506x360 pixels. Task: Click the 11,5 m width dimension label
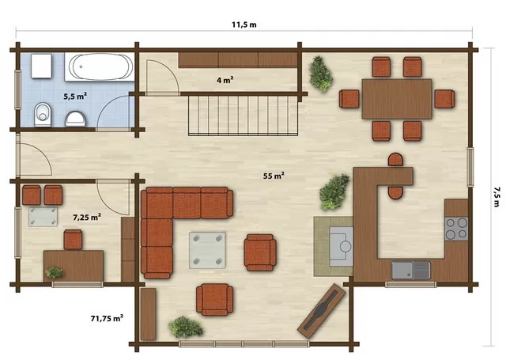(244, 25)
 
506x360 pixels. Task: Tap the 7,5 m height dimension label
(497, 196)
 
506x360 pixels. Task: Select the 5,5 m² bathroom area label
(75, 96)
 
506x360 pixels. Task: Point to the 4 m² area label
(225, 80)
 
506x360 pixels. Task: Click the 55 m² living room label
(274, 176)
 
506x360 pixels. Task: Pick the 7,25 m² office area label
(87, 217)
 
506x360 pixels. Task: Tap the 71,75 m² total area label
(107, 318)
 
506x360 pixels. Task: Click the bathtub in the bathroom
(100, 66)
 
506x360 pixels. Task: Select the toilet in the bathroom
(43, 115)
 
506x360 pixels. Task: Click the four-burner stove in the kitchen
(456, 229)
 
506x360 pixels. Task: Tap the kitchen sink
(410, 271)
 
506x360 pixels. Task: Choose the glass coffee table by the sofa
(207, 250)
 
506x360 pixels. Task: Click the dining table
(397, 99)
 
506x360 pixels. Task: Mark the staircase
(243, 116)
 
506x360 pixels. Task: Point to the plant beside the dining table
(320, 74)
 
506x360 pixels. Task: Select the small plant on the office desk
(55, 272)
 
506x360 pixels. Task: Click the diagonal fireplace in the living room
(322, 311)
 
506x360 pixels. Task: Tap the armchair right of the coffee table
(260, 252)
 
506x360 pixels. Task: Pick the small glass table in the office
(43, 217)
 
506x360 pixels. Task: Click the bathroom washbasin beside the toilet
(76, 119)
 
